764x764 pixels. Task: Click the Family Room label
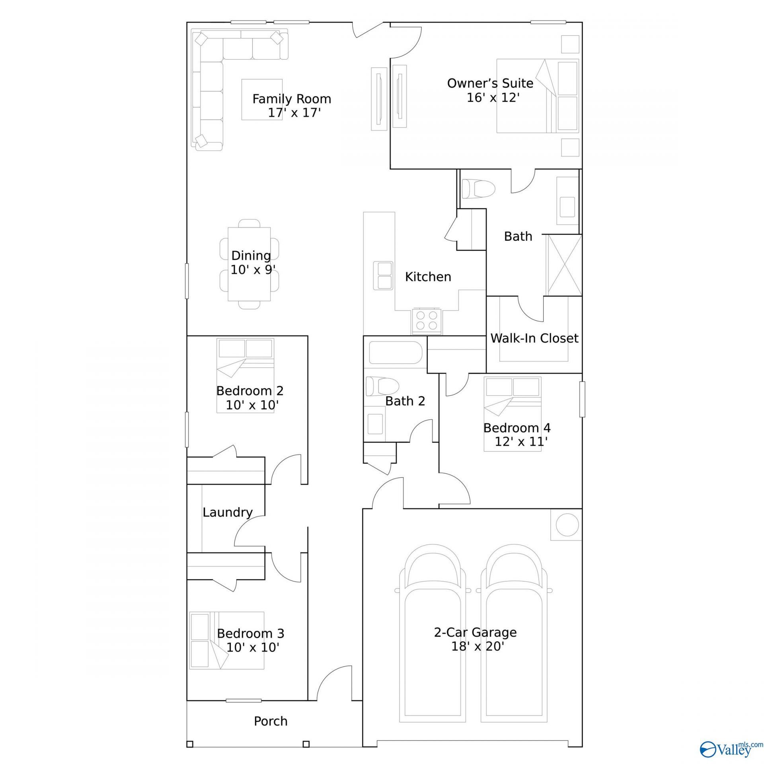click(x=292, y=99)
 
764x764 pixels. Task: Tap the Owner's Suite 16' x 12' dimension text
click(x=493, y=97)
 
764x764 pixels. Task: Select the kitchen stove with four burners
click(x=427, y=321)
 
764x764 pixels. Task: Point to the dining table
click(x=249, y=264)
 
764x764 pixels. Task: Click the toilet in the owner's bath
click(x=477, y=188)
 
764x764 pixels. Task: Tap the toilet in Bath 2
click(x=382, y=386)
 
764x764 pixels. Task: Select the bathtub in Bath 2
click(x=395, y=352)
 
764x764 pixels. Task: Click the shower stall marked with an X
click(x=565, y=265)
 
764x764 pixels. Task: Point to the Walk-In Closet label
click(x=534, y=338)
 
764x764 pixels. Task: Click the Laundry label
click(x=228, y=512)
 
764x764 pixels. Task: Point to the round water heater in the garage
click(x=567, y=524)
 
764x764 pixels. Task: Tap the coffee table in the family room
click(x=262, y=99)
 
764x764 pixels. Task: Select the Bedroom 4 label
click(x=517, y=428)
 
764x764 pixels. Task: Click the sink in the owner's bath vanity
click(x=567, y=207)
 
